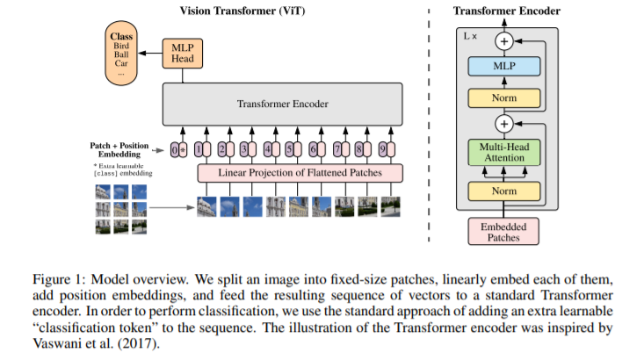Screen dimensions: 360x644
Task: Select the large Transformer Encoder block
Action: tap(281, 104)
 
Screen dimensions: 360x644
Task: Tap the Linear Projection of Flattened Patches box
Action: tap(299, 172)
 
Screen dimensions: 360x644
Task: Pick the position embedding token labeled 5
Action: tap(291, 149)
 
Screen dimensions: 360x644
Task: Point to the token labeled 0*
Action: tap(179, 149)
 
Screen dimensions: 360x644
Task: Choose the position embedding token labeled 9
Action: tap(381, 149)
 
